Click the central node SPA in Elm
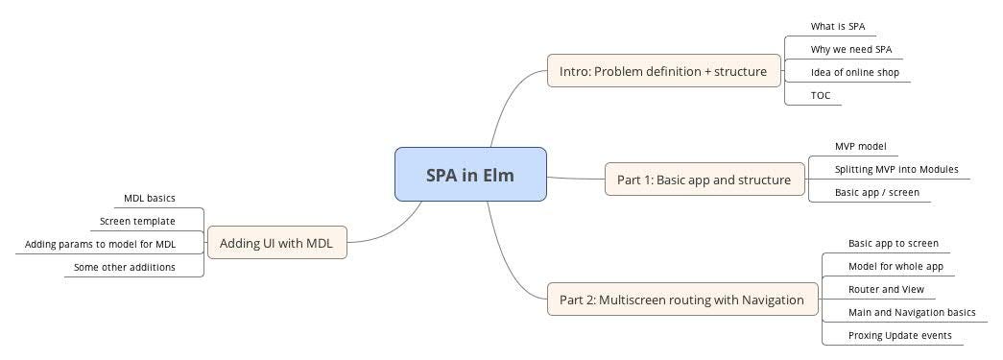[x=470, y=175]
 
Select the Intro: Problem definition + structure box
[x=663, y=71]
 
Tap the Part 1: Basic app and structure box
[x=704, y=180]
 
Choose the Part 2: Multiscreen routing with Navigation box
[x=681, y=300]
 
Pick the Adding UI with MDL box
[x=276, y=243]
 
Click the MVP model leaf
[x=860, y=146]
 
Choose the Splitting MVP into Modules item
[x=896, y=169]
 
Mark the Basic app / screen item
[x=876, y=192]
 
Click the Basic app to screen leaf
[x=893, y=243]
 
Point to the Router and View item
[x=885, y=289]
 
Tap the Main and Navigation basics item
[x=911, y=312]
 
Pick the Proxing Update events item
[x=899, y=335]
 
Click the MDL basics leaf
[x=150, y=199]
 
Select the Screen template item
[x=137, y=221]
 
